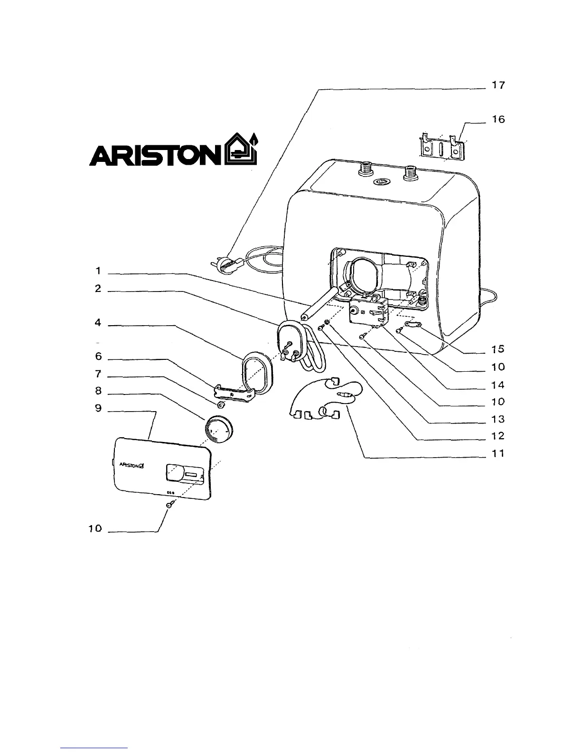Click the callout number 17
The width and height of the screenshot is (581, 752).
coord(498,85)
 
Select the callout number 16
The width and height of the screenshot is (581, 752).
coord(498,120)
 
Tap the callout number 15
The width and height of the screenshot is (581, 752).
coord(498,349)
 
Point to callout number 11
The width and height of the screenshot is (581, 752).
coord(498,454)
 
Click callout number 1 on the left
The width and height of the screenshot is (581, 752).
coord(98,271)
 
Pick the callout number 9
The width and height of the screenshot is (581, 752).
coord(98,408)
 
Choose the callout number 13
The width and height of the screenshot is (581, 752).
coord(498,419)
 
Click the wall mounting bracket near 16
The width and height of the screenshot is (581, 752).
coord(441,149)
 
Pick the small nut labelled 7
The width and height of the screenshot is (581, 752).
coord(220,405)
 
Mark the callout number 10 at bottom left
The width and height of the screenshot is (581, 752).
coord(95,528)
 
